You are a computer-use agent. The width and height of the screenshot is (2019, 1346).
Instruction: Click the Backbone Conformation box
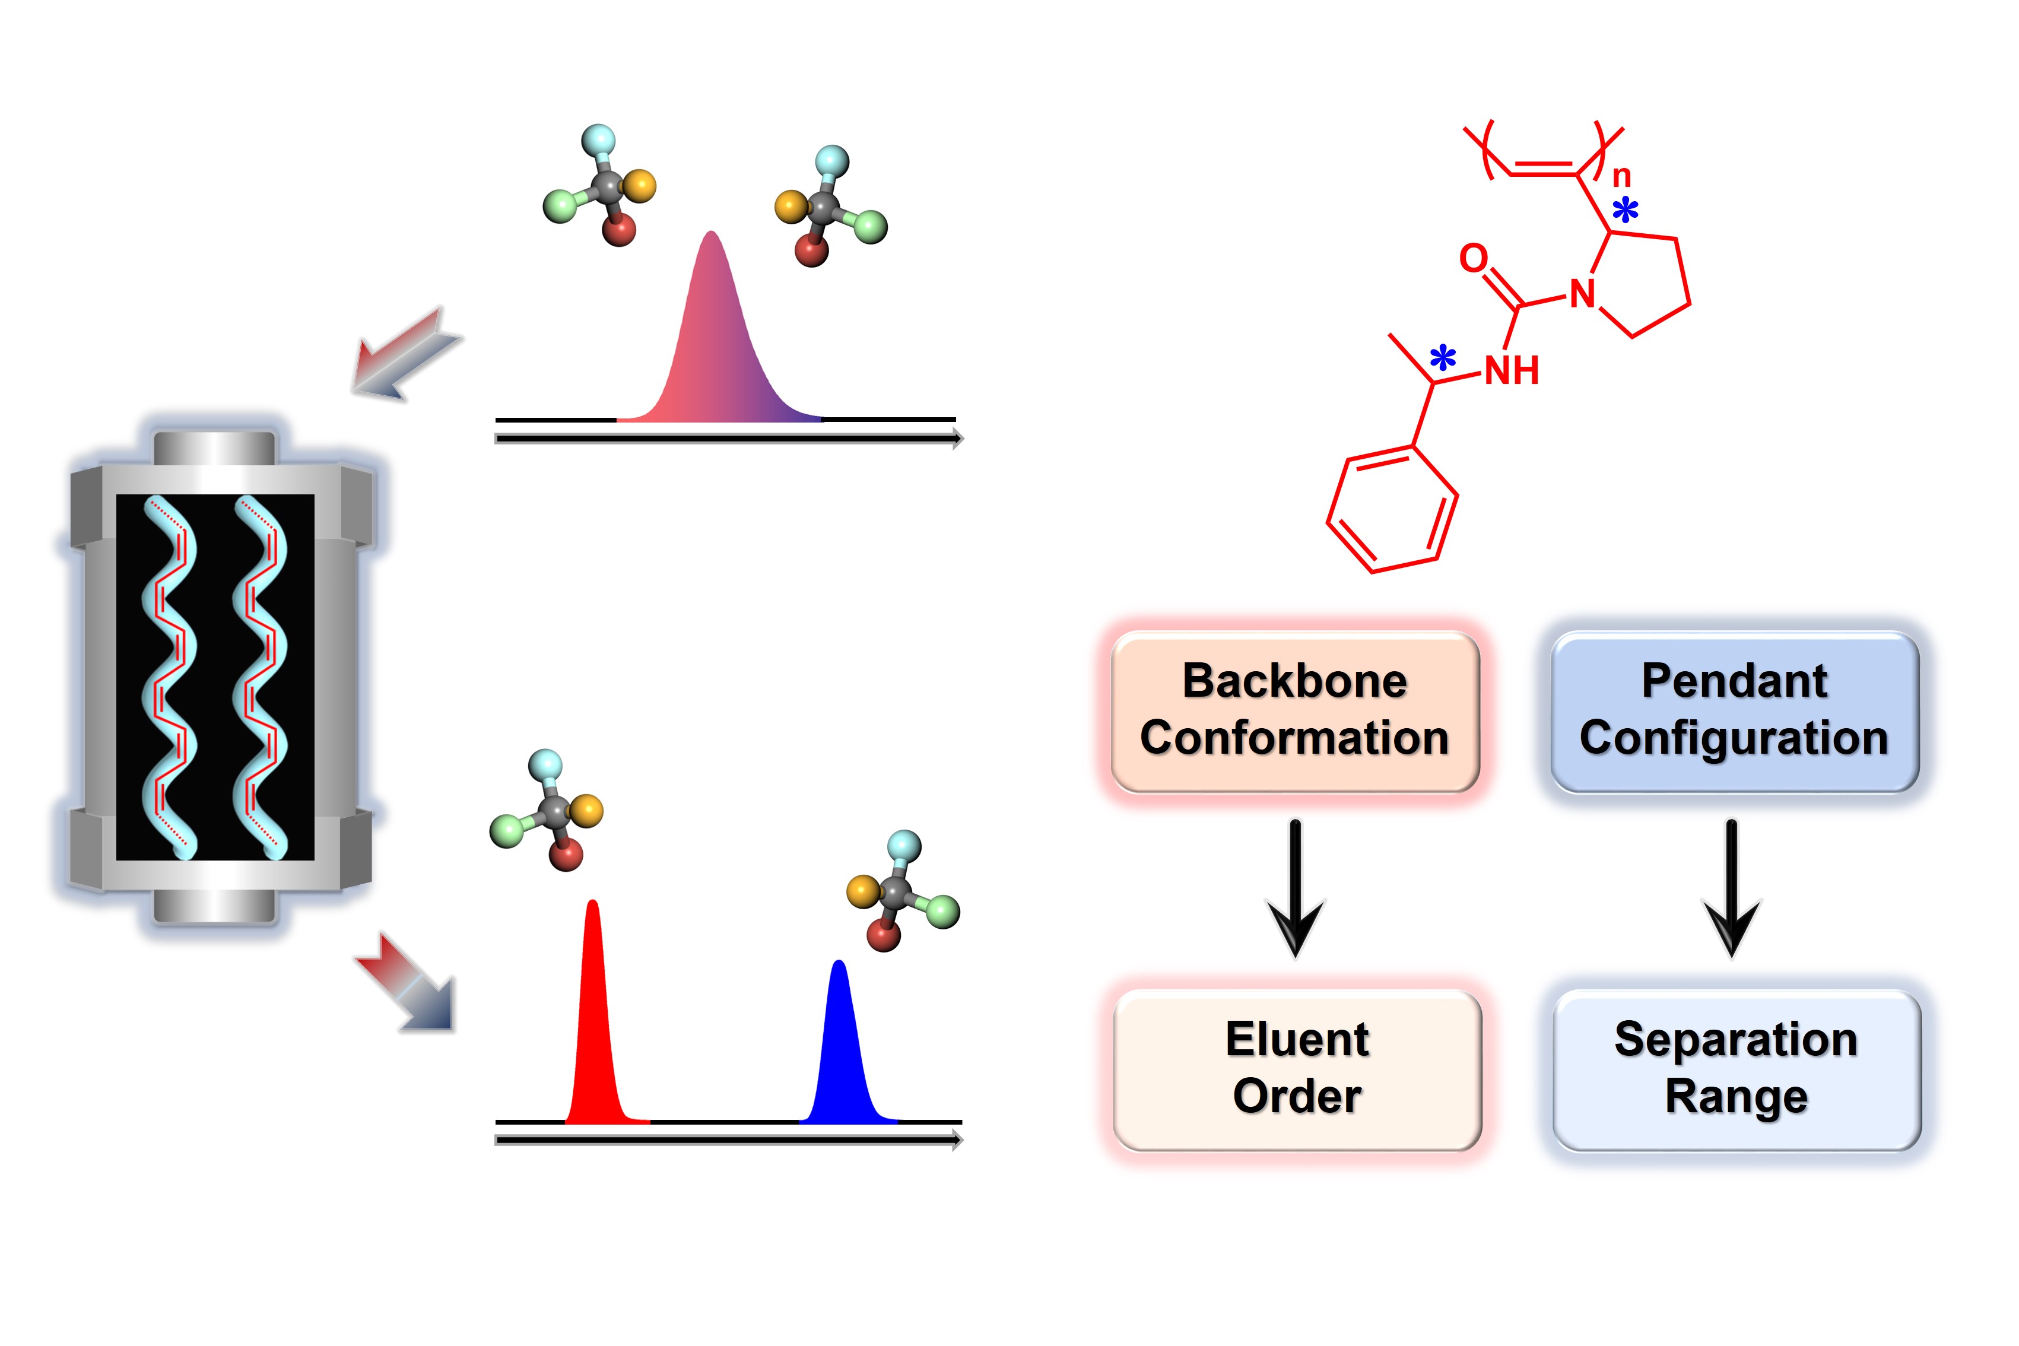click(1294, 711)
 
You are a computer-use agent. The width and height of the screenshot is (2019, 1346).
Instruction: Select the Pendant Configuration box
click(1734, 711)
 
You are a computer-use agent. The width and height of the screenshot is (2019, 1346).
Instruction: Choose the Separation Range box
click(1737, 1069)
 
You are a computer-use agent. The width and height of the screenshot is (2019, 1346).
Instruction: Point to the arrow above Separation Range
click(1732, 888)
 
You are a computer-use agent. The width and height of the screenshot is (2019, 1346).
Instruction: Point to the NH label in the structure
click(1512, 371)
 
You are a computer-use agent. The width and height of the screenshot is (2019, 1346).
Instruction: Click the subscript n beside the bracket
click(1621, 177)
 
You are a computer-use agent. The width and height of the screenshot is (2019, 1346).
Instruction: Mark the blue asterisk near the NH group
click(1443, 357)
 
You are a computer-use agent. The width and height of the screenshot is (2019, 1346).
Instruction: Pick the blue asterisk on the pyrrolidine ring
click(1625, 209)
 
